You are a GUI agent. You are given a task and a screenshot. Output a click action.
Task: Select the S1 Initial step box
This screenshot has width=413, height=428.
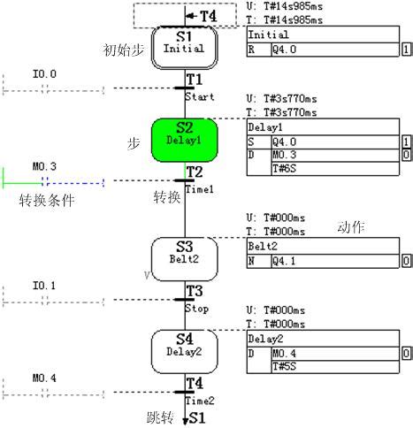(x=184, y=44)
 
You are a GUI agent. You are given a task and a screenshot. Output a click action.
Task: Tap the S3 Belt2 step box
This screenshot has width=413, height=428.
(x=184, y=251)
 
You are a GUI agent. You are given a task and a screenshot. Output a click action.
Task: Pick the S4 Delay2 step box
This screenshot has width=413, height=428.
(x=184, y=345)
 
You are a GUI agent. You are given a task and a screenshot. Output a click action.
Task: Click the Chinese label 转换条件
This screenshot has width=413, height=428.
(x=47, y=201)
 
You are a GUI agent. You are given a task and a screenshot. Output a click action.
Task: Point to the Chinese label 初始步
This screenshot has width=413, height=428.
(x=124, y=50)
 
